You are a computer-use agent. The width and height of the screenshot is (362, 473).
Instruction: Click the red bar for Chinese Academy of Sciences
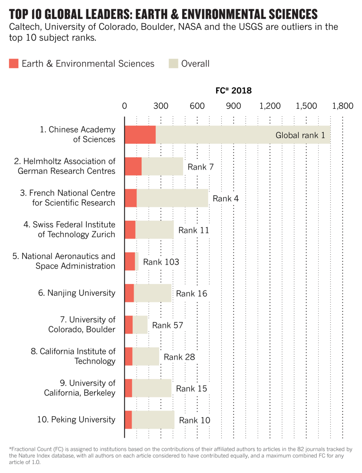[x=140, y=135]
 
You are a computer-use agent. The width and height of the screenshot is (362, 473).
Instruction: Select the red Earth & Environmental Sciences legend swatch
[x=13, y=63]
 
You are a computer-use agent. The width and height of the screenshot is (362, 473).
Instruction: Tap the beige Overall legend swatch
[x=173, y=63]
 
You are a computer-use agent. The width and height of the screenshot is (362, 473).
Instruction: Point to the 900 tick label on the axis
[x=234, y=106]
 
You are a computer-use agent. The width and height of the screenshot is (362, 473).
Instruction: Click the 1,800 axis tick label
[x=342, y=106]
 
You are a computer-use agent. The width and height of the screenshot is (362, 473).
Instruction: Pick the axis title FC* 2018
[x=230, y=90]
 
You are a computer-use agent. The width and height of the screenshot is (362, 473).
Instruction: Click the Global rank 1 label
[x=300, y=135]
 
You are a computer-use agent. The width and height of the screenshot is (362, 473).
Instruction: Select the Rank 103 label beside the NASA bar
[x=161, y=262]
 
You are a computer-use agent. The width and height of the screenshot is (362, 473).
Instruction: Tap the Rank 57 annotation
[x=168, y=325]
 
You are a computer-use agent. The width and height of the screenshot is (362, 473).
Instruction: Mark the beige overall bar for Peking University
[x=153, y=420]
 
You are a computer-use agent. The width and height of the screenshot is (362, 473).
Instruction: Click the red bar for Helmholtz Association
[x=133, y=166]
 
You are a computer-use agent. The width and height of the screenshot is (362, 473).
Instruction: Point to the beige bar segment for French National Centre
[x=172, y=198]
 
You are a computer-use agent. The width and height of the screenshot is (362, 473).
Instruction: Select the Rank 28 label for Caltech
[x=179, y=357]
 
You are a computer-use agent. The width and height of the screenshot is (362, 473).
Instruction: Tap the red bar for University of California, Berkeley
[x=128, y=388]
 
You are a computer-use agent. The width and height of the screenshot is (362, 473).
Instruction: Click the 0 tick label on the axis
[x=125, y=106]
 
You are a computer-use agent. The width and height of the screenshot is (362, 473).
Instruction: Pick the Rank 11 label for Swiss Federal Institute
[x=194, y=230]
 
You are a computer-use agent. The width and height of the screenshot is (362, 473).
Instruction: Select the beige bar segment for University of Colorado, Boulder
[x=140, y=325]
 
